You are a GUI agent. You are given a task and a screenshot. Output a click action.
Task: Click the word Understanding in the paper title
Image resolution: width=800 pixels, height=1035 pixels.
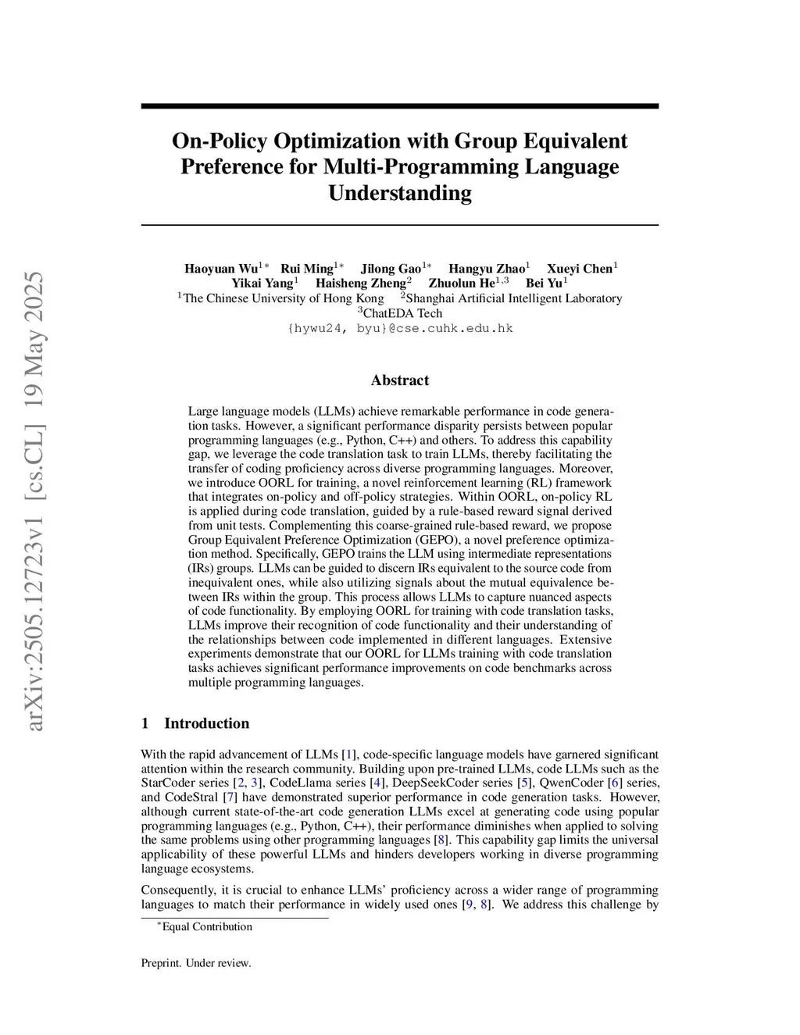point(399,193)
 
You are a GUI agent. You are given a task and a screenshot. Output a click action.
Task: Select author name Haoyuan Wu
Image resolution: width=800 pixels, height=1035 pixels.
point(221,269)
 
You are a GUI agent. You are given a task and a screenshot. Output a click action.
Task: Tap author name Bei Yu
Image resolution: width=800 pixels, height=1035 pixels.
point(544,284)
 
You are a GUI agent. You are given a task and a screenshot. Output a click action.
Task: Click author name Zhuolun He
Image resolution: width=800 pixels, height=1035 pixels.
point(462,284)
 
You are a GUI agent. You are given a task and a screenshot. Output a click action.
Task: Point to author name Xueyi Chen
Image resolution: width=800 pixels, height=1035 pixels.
point(579,269)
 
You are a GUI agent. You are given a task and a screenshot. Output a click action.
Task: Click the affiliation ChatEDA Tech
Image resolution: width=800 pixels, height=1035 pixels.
point(402,313)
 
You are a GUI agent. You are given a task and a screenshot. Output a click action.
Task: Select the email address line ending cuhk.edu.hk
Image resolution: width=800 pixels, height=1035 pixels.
point(400,328)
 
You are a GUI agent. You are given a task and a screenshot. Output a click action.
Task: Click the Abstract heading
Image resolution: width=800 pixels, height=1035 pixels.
point(400,380)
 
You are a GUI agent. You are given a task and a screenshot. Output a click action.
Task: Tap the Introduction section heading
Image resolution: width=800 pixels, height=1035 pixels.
point(206,723)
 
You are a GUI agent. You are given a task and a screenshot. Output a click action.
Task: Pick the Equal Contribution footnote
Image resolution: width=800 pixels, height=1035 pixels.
point(206,927)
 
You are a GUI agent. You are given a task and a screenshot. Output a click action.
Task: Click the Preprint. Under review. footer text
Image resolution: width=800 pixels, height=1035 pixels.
point(196,963)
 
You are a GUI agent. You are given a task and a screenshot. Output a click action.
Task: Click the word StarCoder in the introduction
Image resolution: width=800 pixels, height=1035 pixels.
point(168,783)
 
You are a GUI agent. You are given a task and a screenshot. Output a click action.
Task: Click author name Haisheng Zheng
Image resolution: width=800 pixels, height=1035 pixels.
point(360,284)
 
